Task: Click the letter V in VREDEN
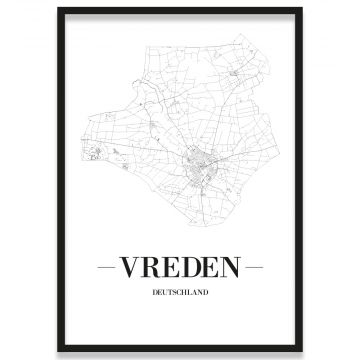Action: coord(130,267)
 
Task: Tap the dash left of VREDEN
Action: coord(106,267)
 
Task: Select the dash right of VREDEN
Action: coord(253,267)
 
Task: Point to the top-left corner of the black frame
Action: coord(59,9)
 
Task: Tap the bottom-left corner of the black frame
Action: coord(59,351)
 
